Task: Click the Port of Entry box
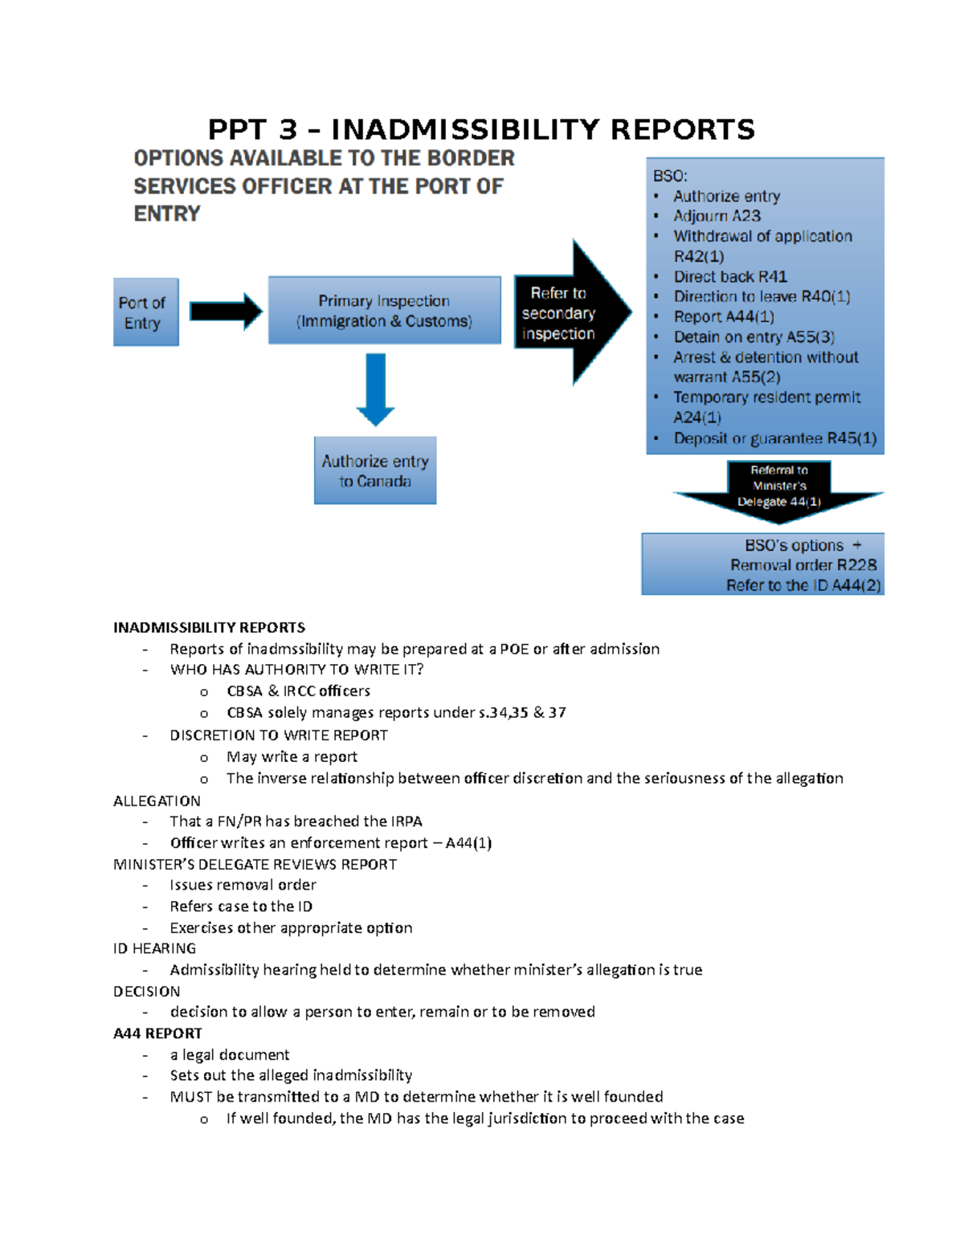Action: pos(145,312)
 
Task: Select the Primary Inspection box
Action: pos(384,311)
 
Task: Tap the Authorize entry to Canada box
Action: pos(375,471)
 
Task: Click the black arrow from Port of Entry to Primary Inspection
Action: pos(226,312)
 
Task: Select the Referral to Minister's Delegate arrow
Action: pos(778,488)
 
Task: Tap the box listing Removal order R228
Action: pos(762,564)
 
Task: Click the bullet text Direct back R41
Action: pos(730,276)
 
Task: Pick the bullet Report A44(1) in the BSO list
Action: pos(724,316)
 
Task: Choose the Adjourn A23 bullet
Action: pos(717,216)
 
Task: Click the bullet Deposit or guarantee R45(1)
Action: pos(774,438)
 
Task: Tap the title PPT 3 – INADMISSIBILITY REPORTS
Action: pos(481,129)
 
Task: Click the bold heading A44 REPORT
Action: pos(157,1033)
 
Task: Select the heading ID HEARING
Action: pos(154,948)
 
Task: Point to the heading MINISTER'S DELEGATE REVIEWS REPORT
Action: pos(255,864)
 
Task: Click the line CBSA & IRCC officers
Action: pos(298,691)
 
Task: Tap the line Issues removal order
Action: pos(243,885)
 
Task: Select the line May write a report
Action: pos(292,756)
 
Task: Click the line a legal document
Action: pos(229,1054)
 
